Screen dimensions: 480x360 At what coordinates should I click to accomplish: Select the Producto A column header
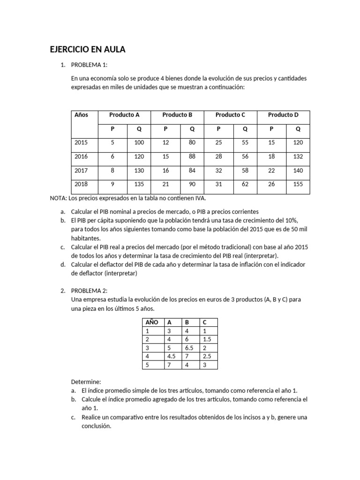pyautogui.click(x=124, y=115)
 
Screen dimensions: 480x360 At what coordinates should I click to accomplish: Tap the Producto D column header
pyautogui.click(x=283, y=115)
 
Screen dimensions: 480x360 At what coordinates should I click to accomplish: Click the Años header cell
pyautogui.click(x=81, y=115)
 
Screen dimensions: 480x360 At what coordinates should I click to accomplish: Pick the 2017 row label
pyautogui.click(x=81, y=171)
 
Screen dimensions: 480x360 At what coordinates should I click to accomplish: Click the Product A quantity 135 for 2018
pyautogui.click(x=139, y=184)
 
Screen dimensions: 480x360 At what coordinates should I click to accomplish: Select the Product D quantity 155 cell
pyautogui.click(x=298, y=184)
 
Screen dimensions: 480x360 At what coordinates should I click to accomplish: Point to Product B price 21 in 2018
pyautogui.click(x=165, y=184)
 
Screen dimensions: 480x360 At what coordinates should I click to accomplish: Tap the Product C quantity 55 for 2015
pyautogui.click(x=245, y=142)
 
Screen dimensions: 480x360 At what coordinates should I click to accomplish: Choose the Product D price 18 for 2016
pyautogui.click(x=271, y=157)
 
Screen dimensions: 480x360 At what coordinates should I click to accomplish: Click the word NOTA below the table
pyautogui.click(x=58, y=198)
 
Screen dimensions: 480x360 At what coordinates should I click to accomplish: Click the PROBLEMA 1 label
pyautogui.click(x=89, y=65)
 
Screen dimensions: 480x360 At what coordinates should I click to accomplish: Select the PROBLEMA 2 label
pyautogui.click(x=89, y=291)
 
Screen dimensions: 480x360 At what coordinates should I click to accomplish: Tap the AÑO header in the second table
pyautogui.click(x=152, y=322)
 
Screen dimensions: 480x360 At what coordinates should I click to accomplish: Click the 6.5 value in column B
pyautogui.click(x=189, y=348)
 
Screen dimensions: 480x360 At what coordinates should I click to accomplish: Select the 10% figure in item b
pyautogui.click(x=291, y=220)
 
